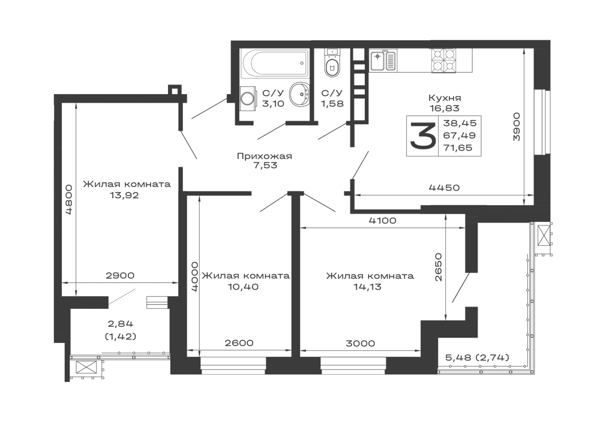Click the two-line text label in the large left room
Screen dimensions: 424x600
pyautogui.click(x=127, y=188)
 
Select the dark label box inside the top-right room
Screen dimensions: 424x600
pyautogui.click(x=444, y=136)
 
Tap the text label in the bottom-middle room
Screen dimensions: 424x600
pyautogui.click(x=370, y=280)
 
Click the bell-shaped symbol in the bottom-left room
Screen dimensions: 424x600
pyautogui.click(x=119, y=329)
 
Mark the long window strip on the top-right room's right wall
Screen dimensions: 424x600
pyautogui.click(x=529, y=126)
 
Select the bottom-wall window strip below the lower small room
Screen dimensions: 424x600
pyautogui.click(x=233, y=362)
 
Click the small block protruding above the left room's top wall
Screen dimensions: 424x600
pyautogui.click(x=172, y=87)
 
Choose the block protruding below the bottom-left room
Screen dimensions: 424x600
pyautogui.click(x=83, y=374)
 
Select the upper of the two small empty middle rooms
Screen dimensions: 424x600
pyautogui.click(x=243, y=234)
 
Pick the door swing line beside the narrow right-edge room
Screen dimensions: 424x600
pyautogui.click(x=459, y=291)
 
